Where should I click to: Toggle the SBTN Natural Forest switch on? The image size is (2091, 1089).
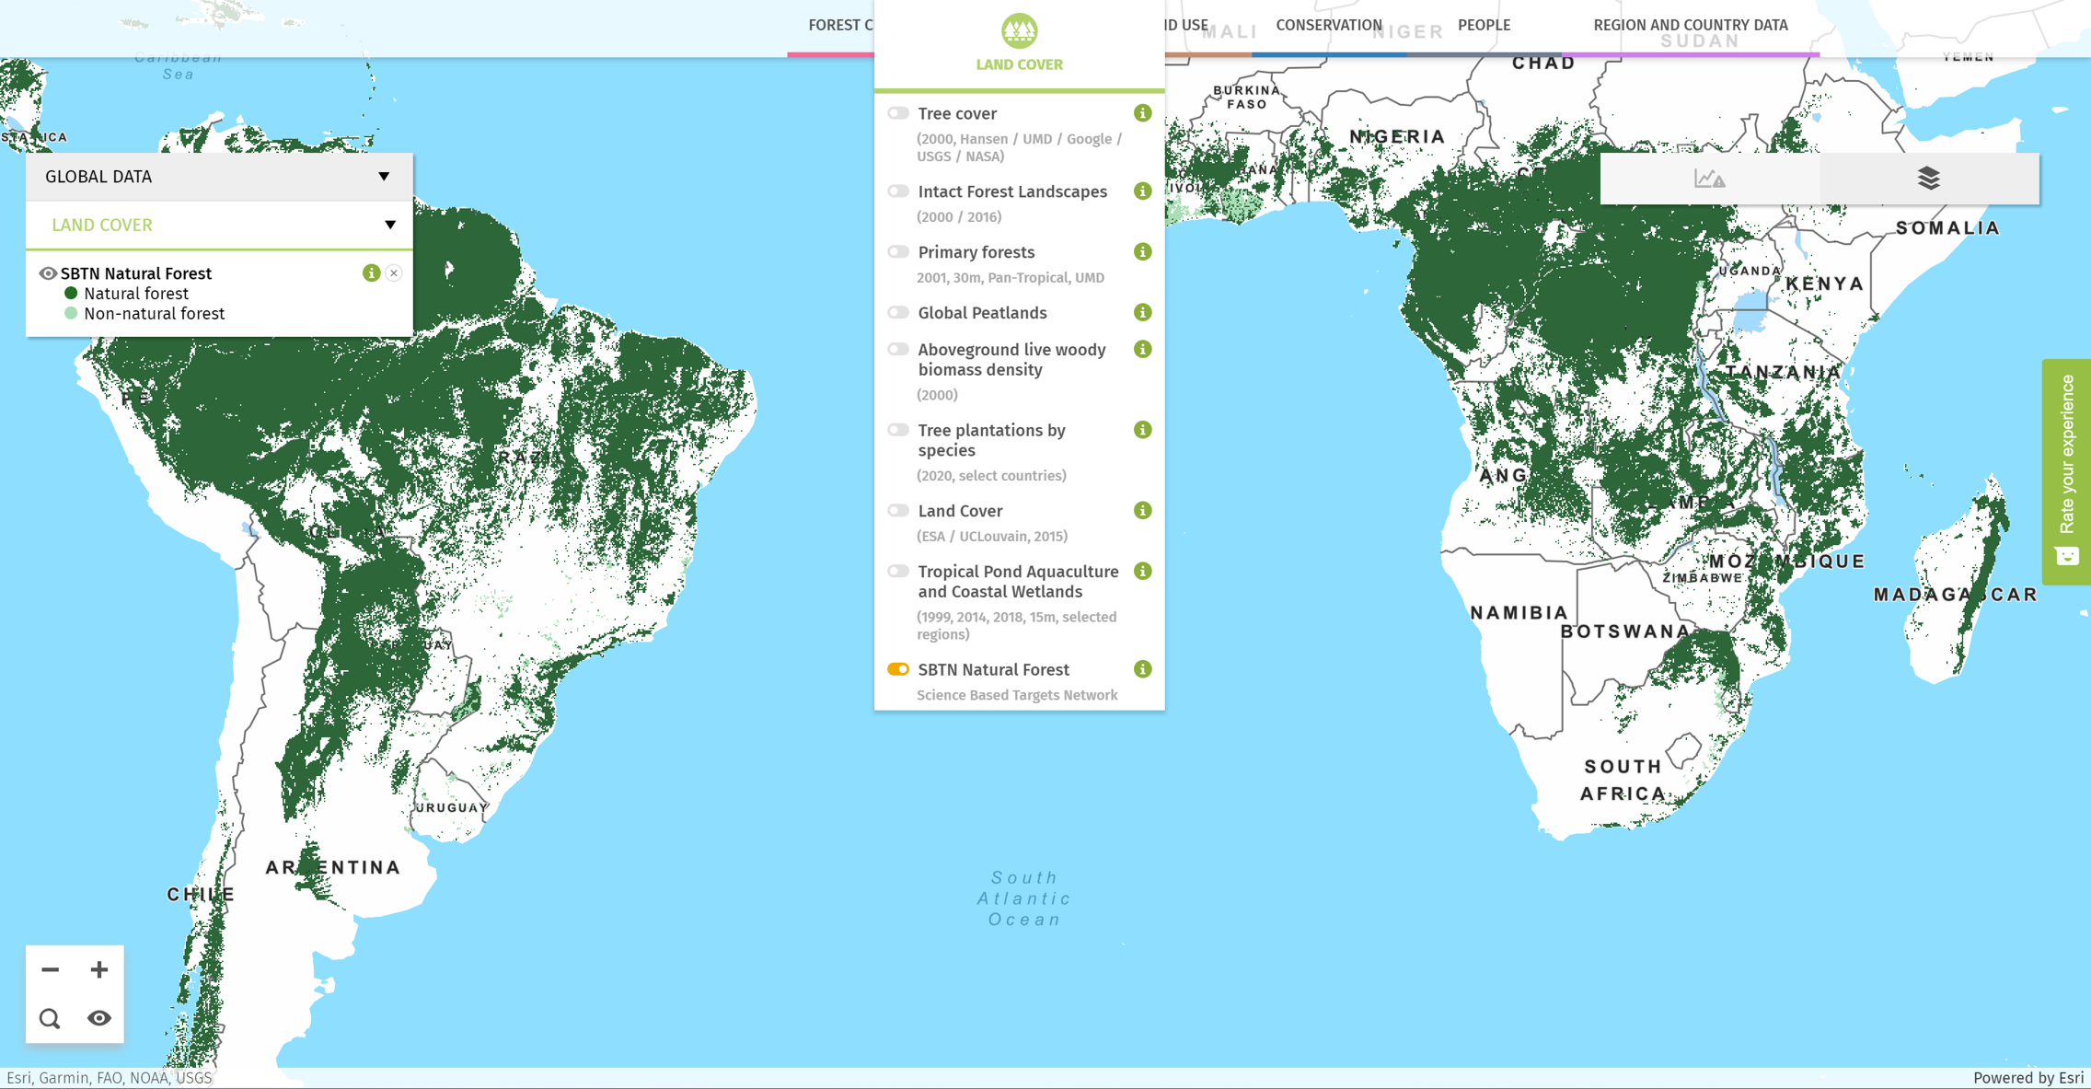(x=898, y=669)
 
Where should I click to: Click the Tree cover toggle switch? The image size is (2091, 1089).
(x=898, y=113)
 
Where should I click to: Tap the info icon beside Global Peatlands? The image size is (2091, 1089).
(x=1142, y=313)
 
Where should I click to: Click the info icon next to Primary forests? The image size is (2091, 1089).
(x=1142, y=252)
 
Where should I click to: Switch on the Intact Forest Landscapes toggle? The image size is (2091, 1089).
(x=898, y=191)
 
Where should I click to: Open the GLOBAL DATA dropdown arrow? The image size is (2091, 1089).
(x=384, y=177)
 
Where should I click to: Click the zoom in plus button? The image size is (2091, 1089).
(x=99, y=969)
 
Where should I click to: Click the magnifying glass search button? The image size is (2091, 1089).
(x=50, y=1018)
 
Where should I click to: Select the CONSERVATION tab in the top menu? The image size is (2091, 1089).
(x=1328, y=26)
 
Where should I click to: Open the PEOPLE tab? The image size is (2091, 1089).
(x=1484, y=26)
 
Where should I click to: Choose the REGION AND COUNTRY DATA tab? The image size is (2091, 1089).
(x=1690, y=26)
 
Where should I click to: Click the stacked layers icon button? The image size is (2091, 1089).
(x=1928, y=178)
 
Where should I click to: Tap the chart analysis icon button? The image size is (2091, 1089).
(x=1709, y=178)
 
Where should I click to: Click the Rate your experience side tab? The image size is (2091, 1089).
(x=2067, y=470)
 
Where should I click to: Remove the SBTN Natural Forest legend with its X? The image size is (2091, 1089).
(x=394, y=273)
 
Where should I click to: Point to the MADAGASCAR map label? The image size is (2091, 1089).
(x=1955, y=595)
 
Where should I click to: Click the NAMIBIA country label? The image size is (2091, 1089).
(x=1519, y=613)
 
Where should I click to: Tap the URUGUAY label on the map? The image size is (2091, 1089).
(x=452, y=807)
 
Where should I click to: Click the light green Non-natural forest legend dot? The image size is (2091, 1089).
(x=71, y=314)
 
